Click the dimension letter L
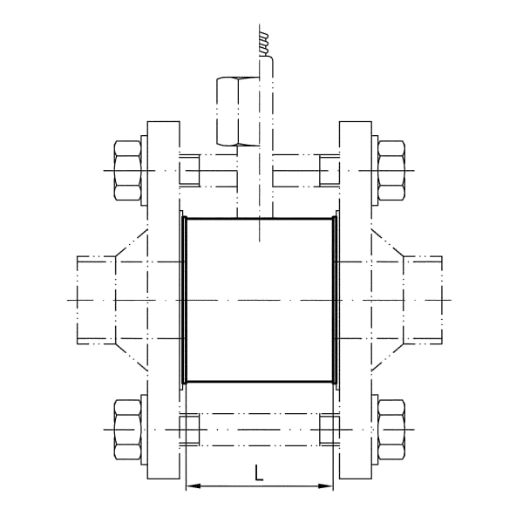[x=259, y=472]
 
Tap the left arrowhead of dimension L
[x=194, y=486]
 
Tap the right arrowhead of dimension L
[x=326, y=486]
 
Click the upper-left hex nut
[x=127, y=171]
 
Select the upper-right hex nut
[x=391, y=171]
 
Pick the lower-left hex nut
[x=127, y=430]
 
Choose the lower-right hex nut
[x=391, y=430]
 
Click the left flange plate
[x=164, y=300]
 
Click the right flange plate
[x=356, y=300]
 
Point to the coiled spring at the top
[x=264, y=44]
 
